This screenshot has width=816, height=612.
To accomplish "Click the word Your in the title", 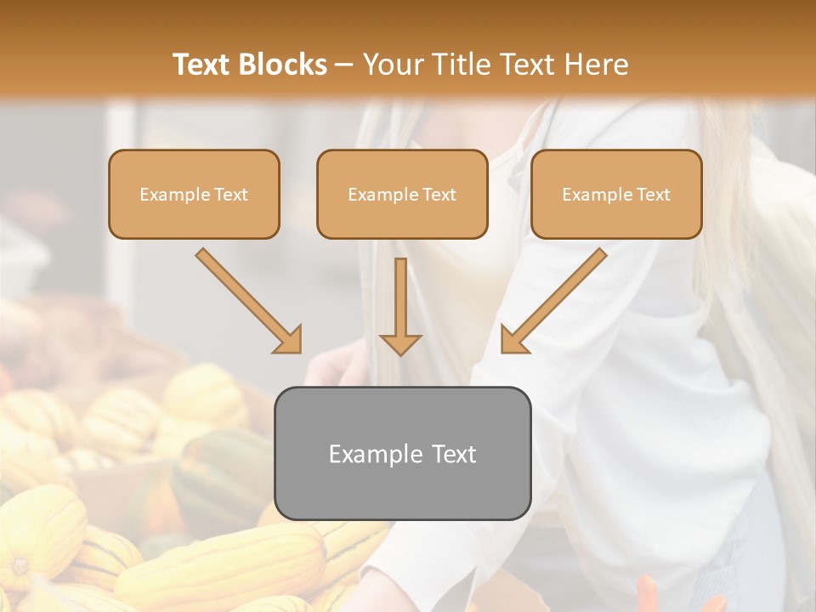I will pos(393,65).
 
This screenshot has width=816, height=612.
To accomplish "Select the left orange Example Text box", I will pos(194,194).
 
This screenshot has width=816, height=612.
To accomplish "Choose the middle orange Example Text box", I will pos(402,194).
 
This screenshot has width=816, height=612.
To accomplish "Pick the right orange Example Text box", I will pos(616,194).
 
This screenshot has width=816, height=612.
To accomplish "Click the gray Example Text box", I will pos(402,453).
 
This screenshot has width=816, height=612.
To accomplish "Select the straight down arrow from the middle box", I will pos(400,302).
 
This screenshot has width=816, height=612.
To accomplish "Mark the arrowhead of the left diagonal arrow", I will pos(289,340).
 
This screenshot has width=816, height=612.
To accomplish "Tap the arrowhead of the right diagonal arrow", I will pos(513,340).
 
